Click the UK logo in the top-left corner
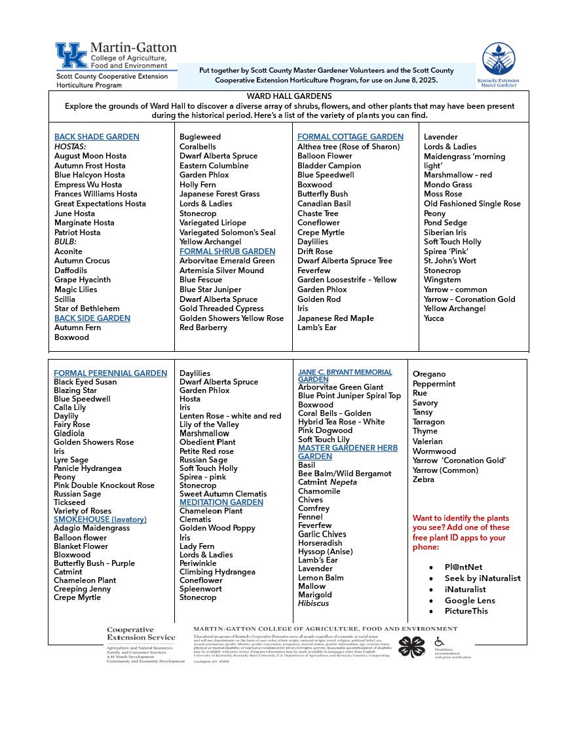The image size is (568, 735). point(71,56)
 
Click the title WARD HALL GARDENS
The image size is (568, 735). point(288,96)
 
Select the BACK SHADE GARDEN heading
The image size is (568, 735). point(97,137)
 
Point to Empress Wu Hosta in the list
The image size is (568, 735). point(88,185)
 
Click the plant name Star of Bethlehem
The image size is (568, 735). point(87,309)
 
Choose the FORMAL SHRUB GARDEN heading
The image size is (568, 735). point(227,252)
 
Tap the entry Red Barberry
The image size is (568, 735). point(203,328)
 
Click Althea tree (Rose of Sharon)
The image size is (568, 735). point(349,147)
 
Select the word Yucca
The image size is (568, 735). point(434,318)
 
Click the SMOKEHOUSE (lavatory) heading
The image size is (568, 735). point(100,519)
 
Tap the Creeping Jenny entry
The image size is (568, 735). point(83,589)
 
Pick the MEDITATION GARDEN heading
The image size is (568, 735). point(221,502)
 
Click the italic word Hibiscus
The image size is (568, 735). point(314,603)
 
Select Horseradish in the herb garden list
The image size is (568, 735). point(320,543)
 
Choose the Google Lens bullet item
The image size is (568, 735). point(470,600)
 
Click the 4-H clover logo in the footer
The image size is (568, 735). point(411,647)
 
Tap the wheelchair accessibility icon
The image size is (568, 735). point(439,642)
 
